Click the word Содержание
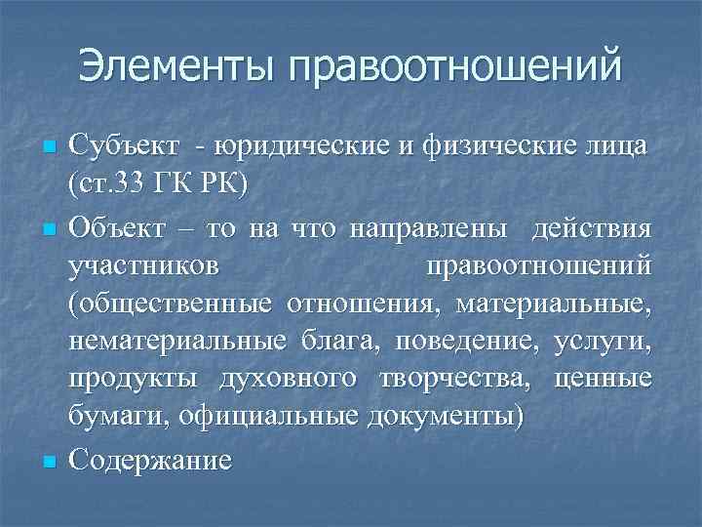[150, 459]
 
